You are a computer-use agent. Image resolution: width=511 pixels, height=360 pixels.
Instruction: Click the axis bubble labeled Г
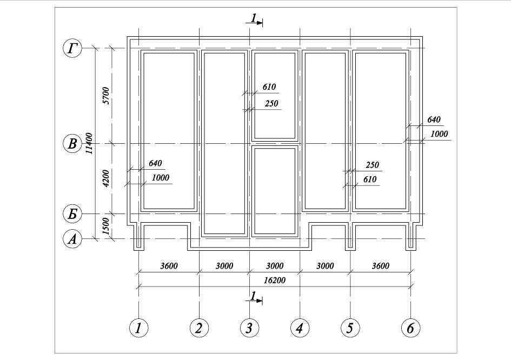pyautogui.click(x=72, y=48)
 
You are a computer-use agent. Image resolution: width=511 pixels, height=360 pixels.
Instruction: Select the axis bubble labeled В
pyautogui.click(x=72, y=144)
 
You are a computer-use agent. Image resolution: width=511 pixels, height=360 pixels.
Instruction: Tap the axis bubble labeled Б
pyautogui.click(x=72, y=214)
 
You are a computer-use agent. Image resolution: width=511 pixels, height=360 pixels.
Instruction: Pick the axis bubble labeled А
pyautogui.click(x=72, y=239)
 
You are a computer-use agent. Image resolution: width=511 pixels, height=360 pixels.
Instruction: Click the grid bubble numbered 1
pyautogui.click(x=139, y=328)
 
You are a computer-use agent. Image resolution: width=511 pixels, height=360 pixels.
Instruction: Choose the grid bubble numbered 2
pyautogui.click(x=199, y=328)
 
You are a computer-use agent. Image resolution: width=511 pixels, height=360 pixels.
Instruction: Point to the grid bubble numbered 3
pyautogui.click(x=250, y=328)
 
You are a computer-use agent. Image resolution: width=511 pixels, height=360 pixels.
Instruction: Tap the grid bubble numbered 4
pyautogui.click(x=300, y=328)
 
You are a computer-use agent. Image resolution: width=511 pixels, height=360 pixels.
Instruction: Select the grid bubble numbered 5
pyautogui.click(x=350, y=328)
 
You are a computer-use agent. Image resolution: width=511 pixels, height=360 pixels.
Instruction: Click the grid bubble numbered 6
pyautogui.click(x=410, y=328)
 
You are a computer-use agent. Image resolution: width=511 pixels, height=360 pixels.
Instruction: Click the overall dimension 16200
pyautogui.click(x=274, y=280)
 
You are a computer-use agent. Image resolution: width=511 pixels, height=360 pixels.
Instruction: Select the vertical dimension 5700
pyautogui.click(x=106, y=96)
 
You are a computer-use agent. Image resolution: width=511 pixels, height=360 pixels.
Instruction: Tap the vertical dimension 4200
pyautogui.click(x=106, y=178)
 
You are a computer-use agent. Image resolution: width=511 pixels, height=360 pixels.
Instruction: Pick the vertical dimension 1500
pyautogui.click(x=106, y=226)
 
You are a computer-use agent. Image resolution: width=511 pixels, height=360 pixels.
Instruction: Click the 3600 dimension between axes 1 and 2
pyautogui.click(x=169, y=266)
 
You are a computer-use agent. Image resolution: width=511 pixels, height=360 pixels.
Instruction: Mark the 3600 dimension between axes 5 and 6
pyautogui.click(x=381, y=266)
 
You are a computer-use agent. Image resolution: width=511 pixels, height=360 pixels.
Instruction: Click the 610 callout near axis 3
pyautogui.click(x=269, y=86)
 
